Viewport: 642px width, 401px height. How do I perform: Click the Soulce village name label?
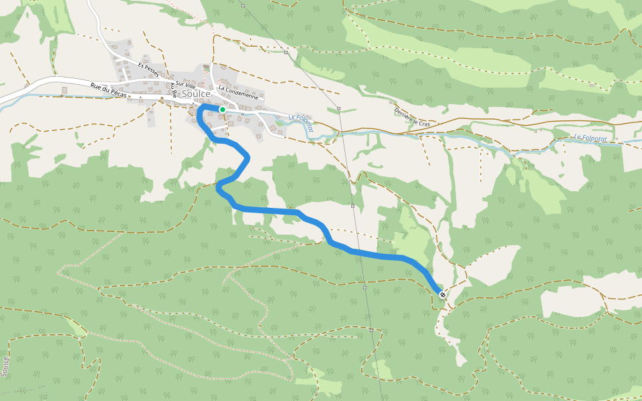(196, 95)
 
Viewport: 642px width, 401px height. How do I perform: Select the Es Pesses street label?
(148, 70)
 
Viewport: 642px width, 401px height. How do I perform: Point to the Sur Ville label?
(185, 86)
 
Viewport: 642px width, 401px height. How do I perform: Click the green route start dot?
(223, 109)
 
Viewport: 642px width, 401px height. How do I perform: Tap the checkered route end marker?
(443, 294)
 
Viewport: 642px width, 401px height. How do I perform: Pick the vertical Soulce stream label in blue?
(6, 367)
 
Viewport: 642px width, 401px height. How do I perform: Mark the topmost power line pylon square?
(243, 6)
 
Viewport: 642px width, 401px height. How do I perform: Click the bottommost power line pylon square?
(371, 329)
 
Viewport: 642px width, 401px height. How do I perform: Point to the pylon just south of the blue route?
(365, 287)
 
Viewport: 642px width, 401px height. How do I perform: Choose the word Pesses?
(152, 72)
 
